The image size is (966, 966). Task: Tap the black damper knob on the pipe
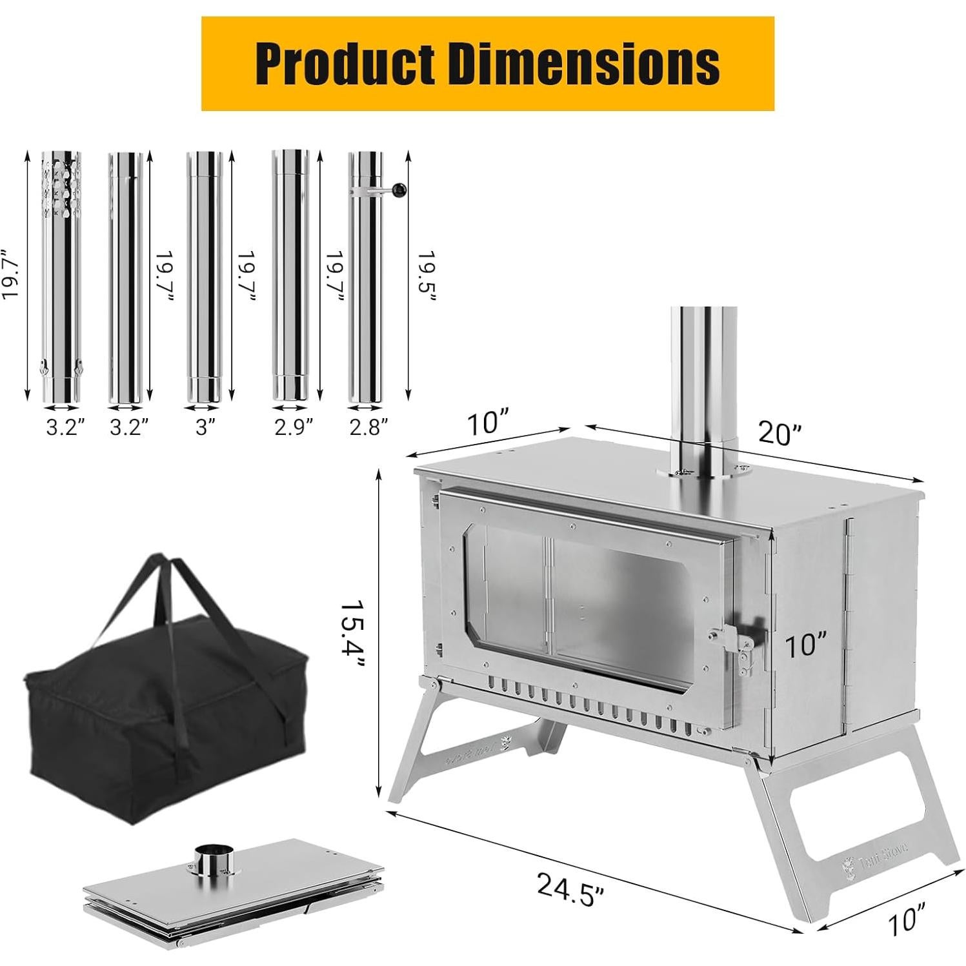click(x=399, y=189)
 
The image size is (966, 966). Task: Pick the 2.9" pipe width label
click(x=294, y=427)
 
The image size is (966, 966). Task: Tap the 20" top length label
click(x=778, y=432)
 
